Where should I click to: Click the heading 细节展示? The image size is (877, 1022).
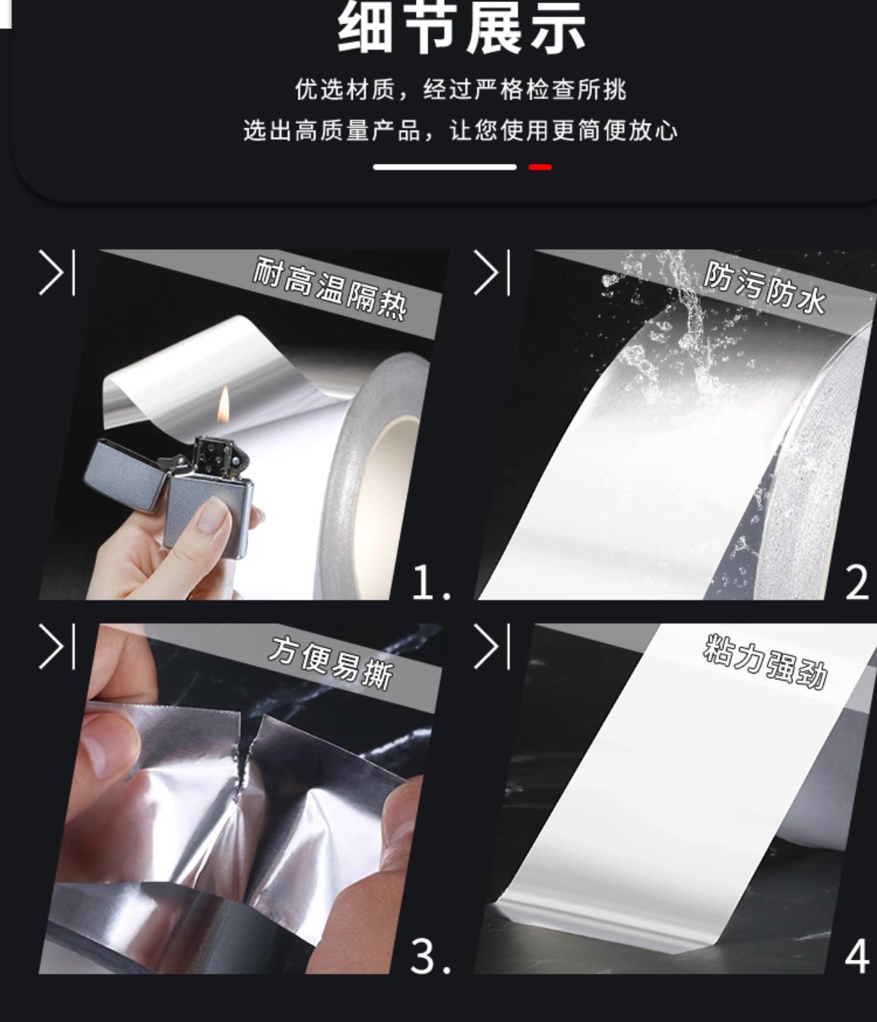[461, 27]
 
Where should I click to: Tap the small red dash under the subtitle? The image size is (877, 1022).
[540, 167]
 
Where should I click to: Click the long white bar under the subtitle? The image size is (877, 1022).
[444, 167]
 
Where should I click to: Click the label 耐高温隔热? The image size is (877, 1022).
[330, 295]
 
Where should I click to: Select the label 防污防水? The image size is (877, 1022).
[765, 288]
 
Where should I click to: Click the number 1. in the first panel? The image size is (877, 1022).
[431, 583]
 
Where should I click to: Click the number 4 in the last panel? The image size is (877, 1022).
[857, 956]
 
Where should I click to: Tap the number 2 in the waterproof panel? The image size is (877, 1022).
[857, 583]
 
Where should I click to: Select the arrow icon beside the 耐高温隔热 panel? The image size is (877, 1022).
[57, 273]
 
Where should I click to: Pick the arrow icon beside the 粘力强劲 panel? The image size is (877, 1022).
[492, 647]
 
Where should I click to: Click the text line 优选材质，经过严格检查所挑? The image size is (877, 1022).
[460, 90]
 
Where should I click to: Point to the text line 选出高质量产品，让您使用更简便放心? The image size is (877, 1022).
[460, 131]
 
